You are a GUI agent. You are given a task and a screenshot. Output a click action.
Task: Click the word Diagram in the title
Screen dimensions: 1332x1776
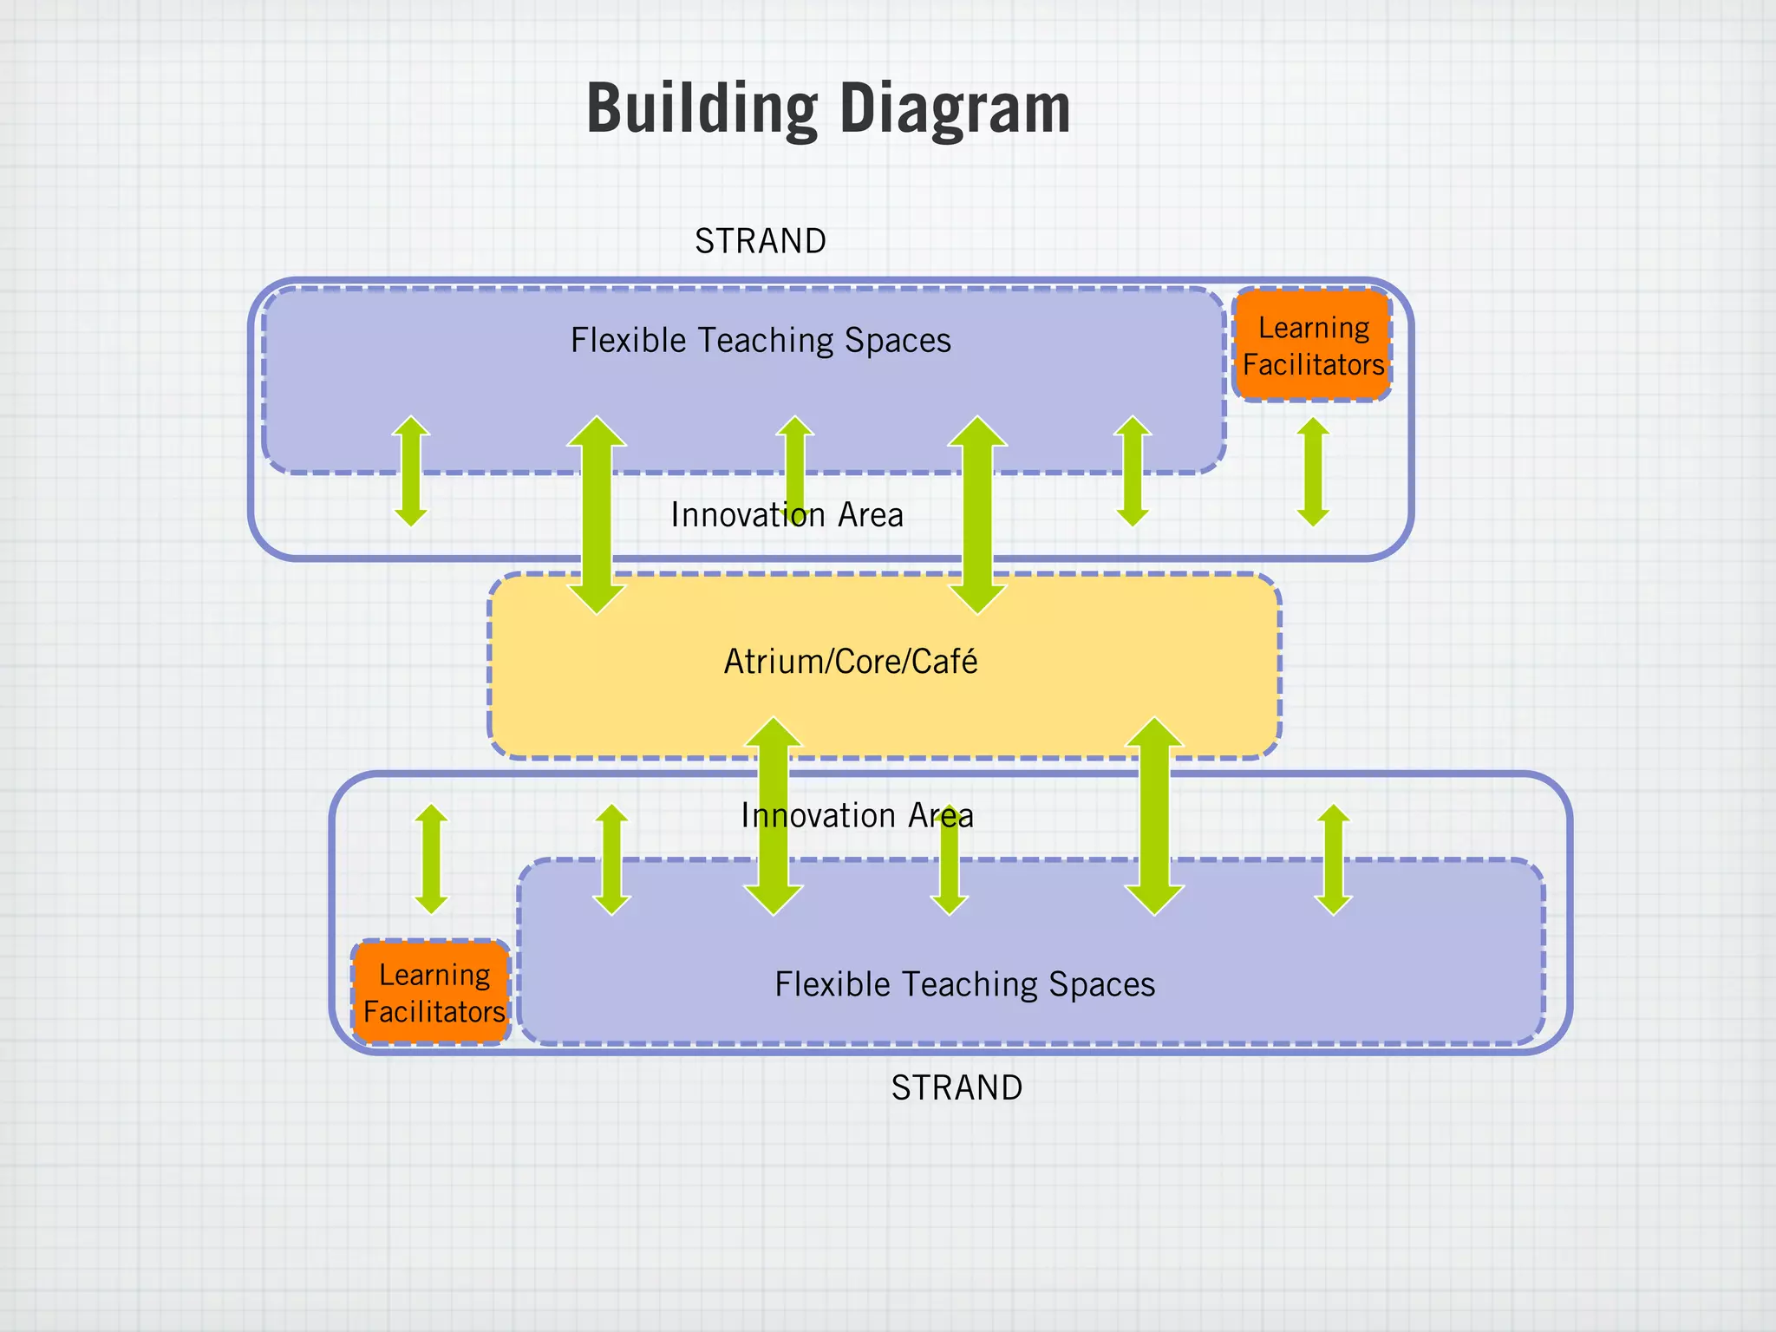(955, 108)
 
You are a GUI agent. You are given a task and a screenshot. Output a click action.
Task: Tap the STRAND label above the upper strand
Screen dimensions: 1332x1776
(761, 241)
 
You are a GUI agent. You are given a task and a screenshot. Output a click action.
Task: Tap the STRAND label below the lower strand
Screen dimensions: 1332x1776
(957, 1087)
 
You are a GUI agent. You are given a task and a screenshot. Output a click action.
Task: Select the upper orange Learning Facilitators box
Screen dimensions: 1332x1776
(1312, 345)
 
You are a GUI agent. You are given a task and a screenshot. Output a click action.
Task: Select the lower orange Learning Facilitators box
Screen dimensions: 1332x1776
(432, 992)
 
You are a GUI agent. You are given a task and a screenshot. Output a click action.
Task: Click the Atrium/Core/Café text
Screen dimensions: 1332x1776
(850, 662)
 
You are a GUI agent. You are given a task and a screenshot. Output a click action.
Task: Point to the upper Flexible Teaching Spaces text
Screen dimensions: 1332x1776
(761, 340)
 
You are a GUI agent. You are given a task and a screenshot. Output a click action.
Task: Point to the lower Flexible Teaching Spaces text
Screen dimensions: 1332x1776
(964, 984)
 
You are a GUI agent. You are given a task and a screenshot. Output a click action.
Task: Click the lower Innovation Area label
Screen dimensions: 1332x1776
(857, 815)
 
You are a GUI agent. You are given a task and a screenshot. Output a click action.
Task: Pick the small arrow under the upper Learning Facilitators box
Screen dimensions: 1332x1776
(1313, 472)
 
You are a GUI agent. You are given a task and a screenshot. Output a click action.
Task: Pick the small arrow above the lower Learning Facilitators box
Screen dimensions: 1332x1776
(431, 859)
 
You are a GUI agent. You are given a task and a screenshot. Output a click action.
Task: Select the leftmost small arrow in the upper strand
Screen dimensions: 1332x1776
(411, 471)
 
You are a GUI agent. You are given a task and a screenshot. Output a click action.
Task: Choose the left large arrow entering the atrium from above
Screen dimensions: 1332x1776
(597, 515)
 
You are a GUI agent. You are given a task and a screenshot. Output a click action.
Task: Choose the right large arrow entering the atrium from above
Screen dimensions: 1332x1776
(977, 515)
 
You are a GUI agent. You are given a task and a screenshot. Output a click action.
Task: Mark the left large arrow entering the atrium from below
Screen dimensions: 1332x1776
(774, 816)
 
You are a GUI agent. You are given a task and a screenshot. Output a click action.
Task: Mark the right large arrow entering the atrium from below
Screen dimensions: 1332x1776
(1154, 816)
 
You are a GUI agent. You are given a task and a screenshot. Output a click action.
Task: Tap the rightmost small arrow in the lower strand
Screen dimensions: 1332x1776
(1333, 859)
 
